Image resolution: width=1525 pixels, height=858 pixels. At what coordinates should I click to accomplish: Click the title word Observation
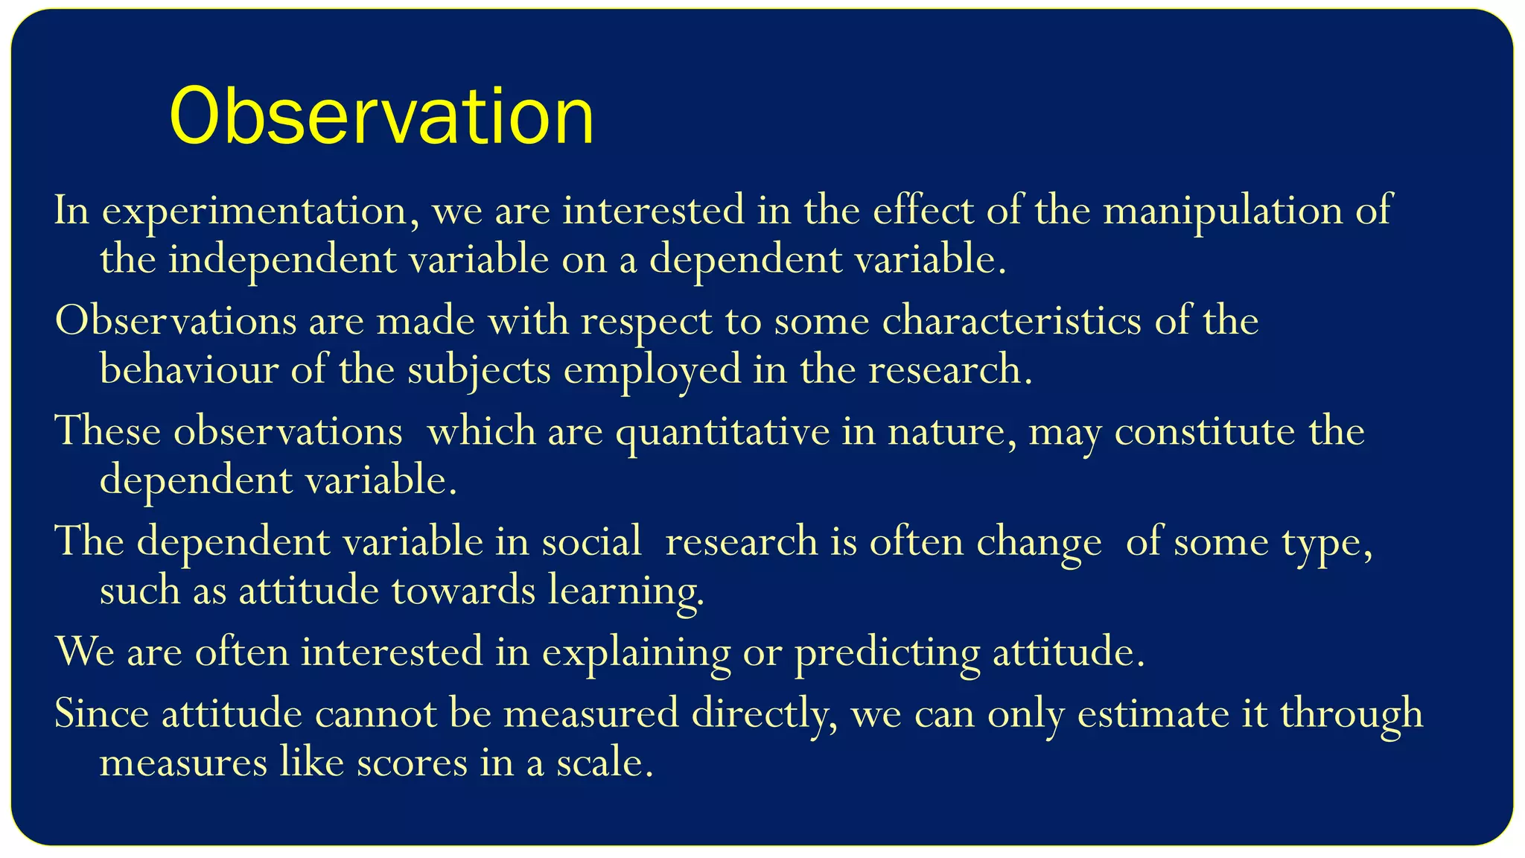(381, 116)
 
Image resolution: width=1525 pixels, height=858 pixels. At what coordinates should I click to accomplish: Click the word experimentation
(255, 211)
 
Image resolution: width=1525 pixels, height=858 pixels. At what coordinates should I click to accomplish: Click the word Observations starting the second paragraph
(176, 321)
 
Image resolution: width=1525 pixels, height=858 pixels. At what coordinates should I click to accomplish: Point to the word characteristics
(1011, 321)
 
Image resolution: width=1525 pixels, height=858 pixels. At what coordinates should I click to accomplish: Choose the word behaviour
(188, 369)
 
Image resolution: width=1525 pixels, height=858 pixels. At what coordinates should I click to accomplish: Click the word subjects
(478, 369)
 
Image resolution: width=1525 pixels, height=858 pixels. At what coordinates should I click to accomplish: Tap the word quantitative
(722, 431)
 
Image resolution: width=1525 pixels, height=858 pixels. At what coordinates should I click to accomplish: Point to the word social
(591, 541)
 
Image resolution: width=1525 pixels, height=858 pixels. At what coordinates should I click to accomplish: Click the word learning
(625, 591)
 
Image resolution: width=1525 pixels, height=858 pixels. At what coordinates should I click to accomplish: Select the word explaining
(636, 652)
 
